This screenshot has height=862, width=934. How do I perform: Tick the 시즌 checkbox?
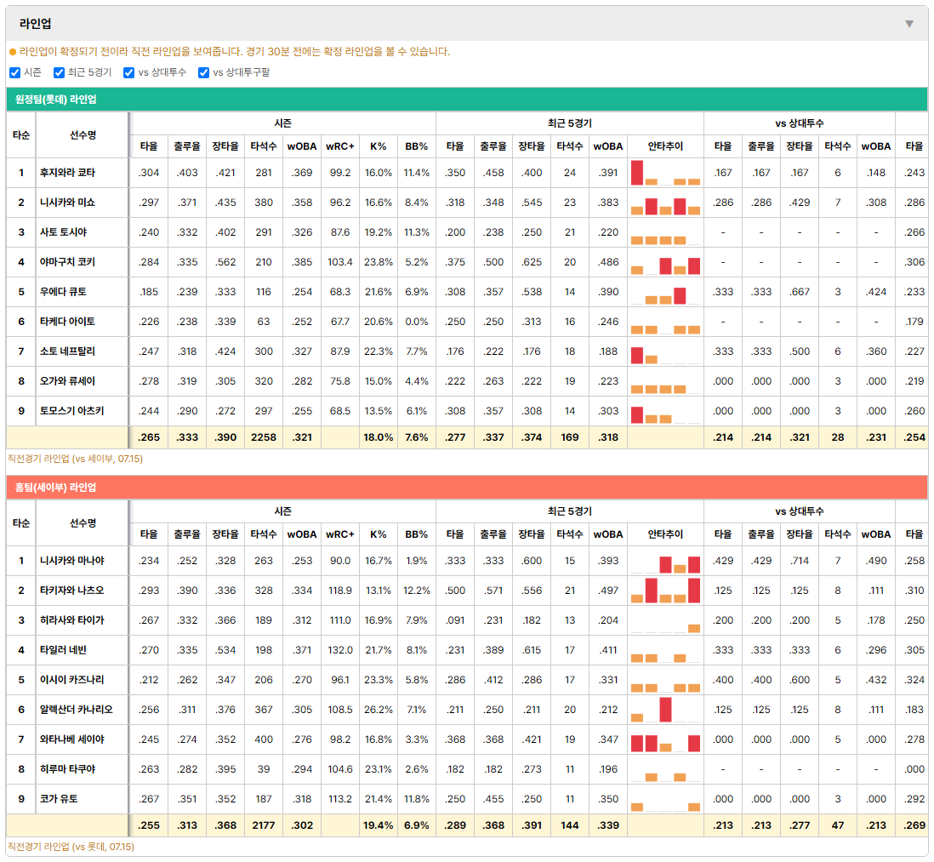[x=15, y=72]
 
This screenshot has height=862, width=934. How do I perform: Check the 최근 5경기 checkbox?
[x=59, y=72]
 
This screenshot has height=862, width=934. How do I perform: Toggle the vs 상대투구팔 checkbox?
[x=203, y=72]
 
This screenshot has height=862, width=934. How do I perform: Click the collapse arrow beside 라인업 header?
[x=909, y=24]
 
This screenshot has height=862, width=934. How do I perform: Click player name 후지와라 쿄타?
[x=67, y=173]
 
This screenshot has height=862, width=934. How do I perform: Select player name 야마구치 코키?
[x=67, y=262]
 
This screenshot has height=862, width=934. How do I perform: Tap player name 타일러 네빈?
[x=63, y=650]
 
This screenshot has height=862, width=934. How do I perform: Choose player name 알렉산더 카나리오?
[x=77, y=710]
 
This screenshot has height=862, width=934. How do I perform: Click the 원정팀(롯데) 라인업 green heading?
[x=55, y=100]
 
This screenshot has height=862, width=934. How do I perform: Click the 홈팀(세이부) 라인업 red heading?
[x=55, y=488]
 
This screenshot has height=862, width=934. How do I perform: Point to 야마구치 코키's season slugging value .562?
[x=225, y=262]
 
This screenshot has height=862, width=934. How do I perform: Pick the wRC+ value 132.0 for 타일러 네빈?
[x=340, y=650]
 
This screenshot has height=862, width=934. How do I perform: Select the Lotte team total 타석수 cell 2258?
[x=264, y=437]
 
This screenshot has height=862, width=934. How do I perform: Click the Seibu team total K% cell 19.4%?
[x=379, y=825]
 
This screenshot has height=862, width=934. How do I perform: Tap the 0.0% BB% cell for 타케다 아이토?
[x=416, y=322]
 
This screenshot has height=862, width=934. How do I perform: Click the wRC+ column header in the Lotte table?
[x=340, y=146]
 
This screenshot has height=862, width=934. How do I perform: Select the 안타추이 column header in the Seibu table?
[x=665, y=534]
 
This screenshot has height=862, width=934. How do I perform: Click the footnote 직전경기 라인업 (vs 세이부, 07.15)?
[x=75, y=459]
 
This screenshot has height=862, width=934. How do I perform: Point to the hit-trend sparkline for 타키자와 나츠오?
[x=665, y=591]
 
